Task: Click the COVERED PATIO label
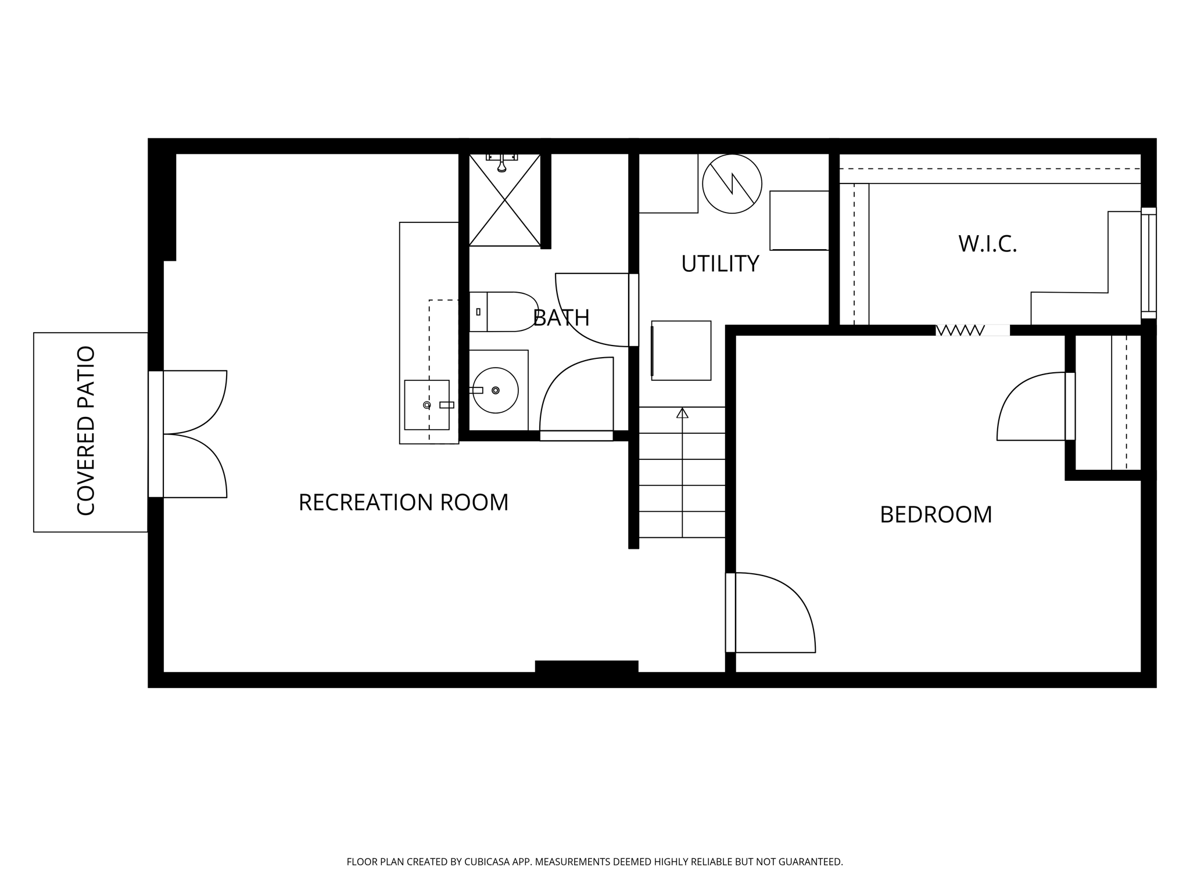point(85,431)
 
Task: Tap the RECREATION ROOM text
point(403,502)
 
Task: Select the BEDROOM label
point(935,515)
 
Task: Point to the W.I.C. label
point(987,244)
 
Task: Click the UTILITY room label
point(719,264)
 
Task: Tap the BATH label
point(561,318)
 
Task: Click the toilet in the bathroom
point(504,312)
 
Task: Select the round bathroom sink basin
point(495,390)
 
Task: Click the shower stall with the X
point(504,200)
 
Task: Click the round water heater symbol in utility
point(732,184)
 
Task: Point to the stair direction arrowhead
point(682,413)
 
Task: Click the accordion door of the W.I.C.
point(960,330)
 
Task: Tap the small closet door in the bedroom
point(1031,407)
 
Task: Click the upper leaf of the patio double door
point(195,402)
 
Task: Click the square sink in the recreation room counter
point(426,405)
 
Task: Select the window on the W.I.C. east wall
point(1148,263)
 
